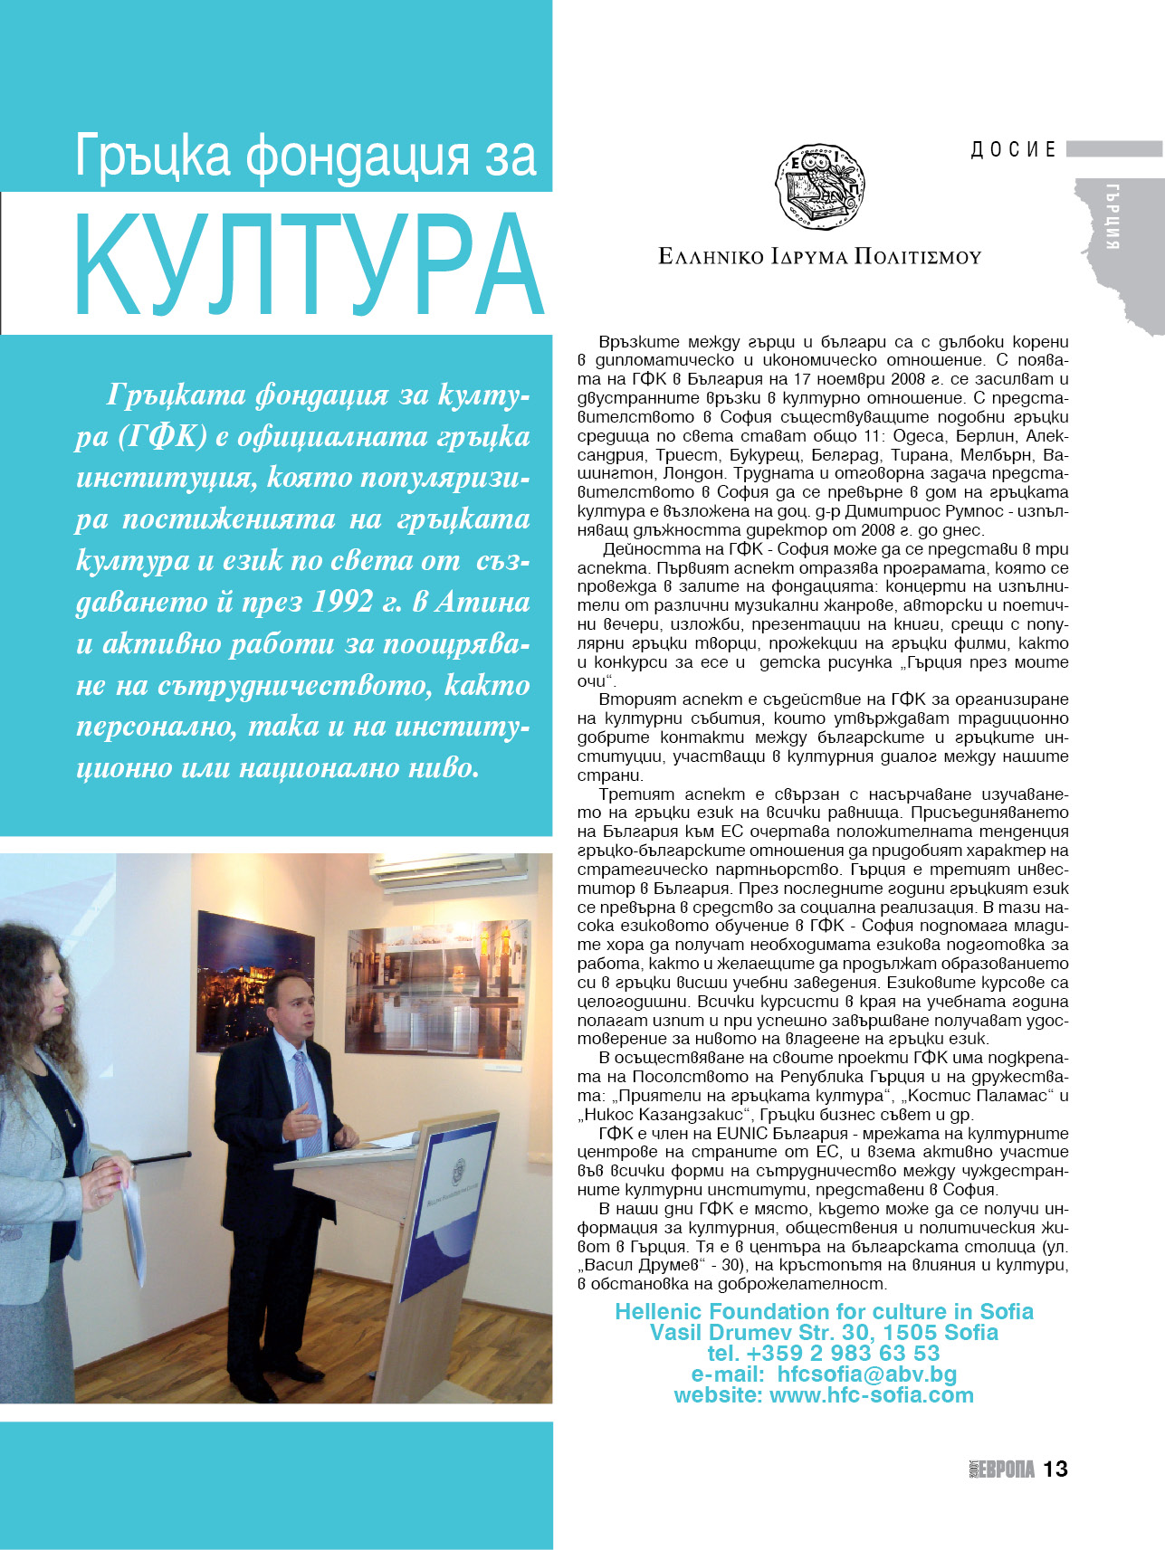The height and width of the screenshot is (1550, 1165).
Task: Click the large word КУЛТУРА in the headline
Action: [x=308, y=265]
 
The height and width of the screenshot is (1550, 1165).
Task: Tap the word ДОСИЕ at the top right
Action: [x=1013, y=149]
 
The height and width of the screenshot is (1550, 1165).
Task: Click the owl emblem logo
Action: [x=820, y=185]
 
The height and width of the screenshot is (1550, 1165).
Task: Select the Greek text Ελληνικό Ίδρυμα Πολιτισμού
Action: [x=819, y=257]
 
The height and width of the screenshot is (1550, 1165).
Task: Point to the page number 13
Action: [x=1055, y=1468]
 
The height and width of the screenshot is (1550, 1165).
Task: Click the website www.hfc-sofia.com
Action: [x=871, y=1394]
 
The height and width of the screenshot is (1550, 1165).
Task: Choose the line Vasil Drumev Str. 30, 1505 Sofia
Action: [x=824, y=1332]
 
